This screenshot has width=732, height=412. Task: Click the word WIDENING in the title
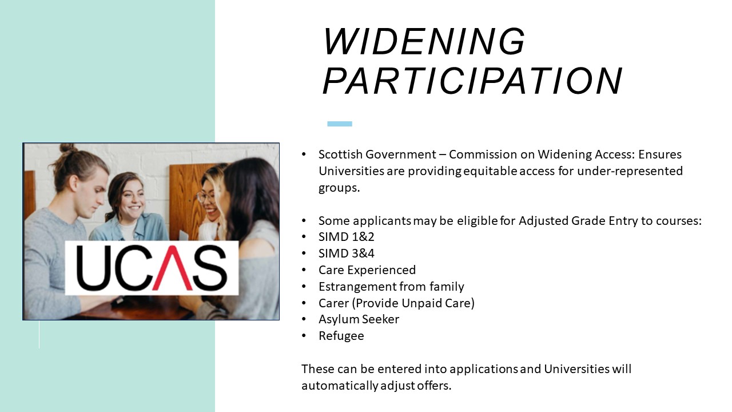pos(424,41)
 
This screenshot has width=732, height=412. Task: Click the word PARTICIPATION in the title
pos(472,81)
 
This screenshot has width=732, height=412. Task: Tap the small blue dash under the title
pos(340,124)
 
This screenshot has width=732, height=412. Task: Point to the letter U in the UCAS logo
pos(92,268)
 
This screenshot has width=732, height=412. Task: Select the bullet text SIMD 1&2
pos(347,237)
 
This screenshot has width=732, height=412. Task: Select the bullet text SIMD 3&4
pos(347,253)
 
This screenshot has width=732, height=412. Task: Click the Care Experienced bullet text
pos(367,270)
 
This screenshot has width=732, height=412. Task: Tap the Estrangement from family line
pos(391,287)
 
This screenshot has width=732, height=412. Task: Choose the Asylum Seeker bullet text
pos(359,319)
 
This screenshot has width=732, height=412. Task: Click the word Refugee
pos(341,336)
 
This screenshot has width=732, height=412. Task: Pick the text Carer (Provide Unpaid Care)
pos(396,303)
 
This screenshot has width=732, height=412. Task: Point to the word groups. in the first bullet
pos(339,188)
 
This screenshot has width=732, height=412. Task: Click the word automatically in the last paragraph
pos(340,386)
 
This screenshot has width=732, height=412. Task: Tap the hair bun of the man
pos(67,148)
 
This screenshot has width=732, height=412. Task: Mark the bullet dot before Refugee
pos(304,336)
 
